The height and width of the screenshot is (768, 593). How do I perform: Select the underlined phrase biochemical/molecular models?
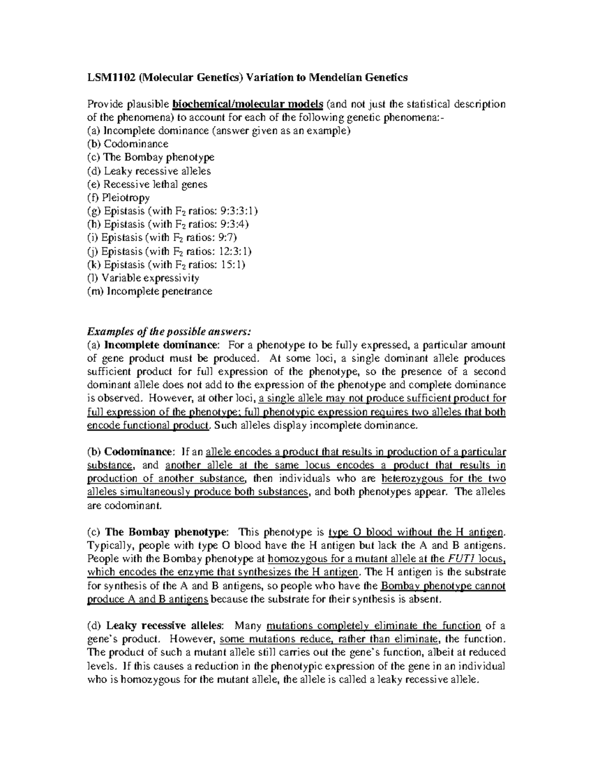[x=248, y=104]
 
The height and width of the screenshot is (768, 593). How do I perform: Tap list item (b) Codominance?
[x=128, y=144]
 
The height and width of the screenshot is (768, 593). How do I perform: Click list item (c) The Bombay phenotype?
[x=151, y=157]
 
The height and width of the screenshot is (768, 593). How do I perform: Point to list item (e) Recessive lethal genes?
[x=147, y=184]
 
